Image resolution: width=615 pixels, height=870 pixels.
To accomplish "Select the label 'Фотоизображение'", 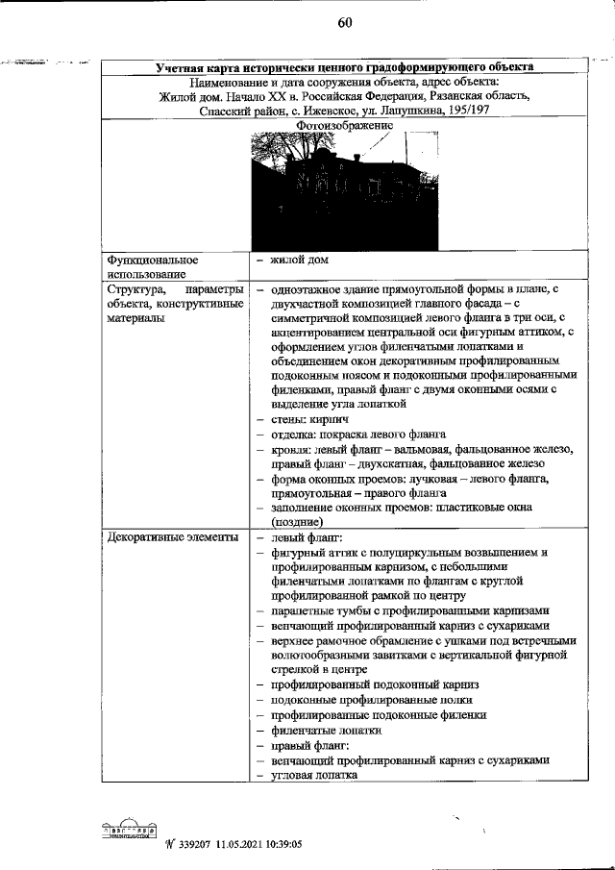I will tap(346, 126).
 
